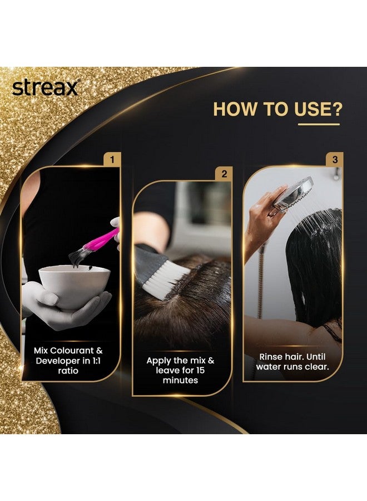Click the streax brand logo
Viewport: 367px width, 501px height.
[46, 88]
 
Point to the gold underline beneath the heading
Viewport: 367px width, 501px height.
[318, 124]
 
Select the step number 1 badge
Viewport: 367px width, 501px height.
[112, 160]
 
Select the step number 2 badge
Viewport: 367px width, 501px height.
[224, 174]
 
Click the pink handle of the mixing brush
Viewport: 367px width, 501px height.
[100, 240]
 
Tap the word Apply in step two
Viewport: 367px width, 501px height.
[159, 360]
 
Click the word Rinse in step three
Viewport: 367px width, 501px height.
[271, 356]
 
